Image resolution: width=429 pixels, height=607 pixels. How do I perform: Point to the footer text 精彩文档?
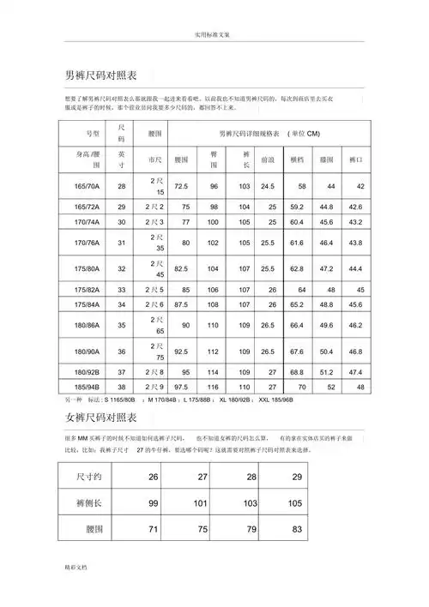(75, 592)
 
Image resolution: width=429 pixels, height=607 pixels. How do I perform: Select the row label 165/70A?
(87, 186)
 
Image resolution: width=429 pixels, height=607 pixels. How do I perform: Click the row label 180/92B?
(87, 372)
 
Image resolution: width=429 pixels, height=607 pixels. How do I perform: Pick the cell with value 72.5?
(181, 186)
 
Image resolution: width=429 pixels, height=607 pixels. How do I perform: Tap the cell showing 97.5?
(181, 387)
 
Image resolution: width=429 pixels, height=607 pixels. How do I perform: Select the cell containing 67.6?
(298, 352)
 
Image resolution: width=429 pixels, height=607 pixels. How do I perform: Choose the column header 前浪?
(267, 159)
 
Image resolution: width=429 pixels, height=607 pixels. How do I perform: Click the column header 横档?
(298, 159)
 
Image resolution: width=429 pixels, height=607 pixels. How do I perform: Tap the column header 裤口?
(356, 159)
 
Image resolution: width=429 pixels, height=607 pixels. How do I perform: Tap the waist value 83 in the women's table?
(298, 530)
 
